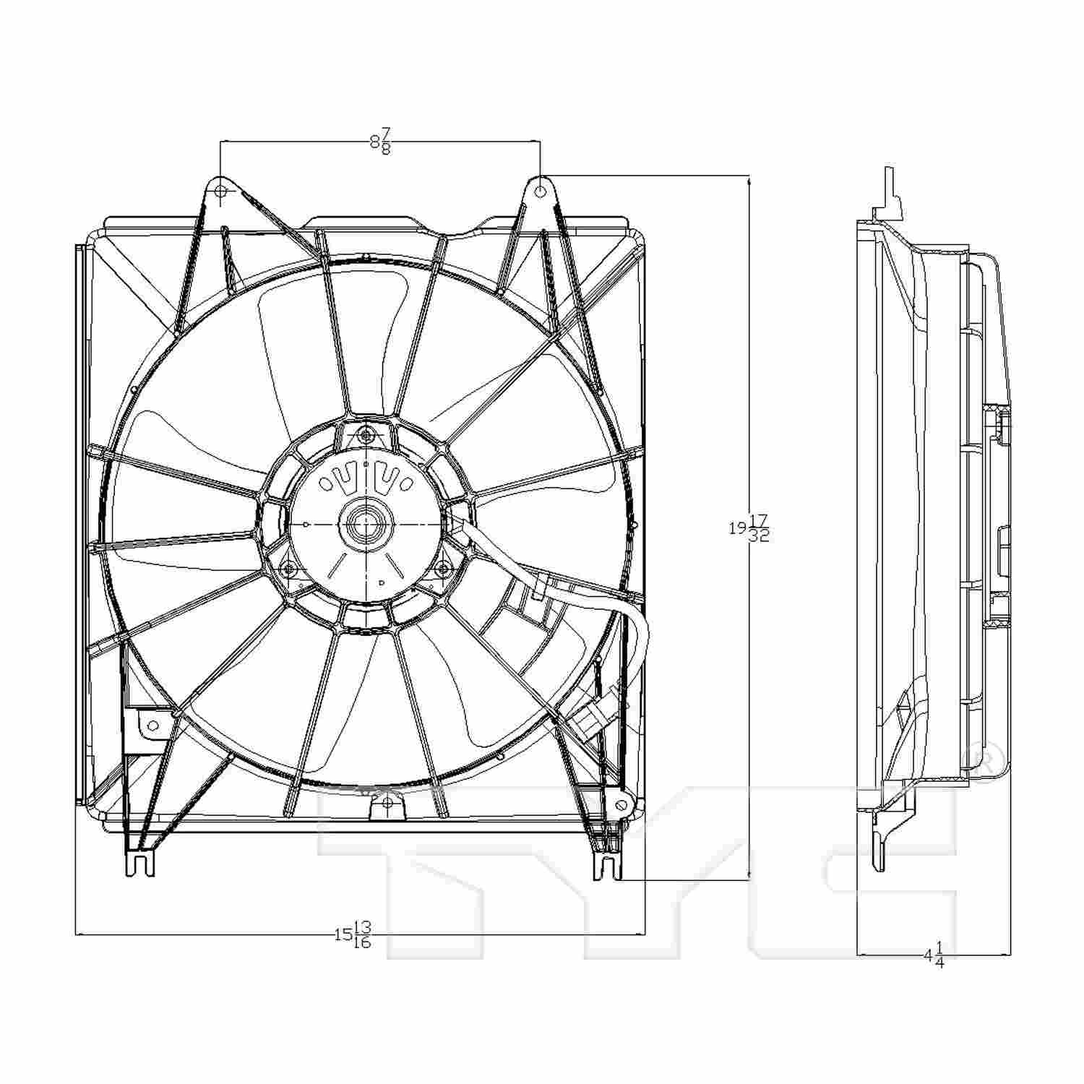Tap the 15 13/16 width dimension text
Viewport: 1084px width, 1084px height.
[353, 934]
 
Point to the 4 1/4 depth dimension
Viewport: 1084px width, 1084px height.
[934, 954]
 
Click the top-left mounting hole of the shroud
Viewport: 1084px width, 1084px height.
[222, 192]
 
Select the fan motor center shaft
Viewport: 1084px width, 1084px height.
[366, 522]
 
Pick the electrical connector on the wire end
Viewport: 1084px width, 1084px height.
[595, 715]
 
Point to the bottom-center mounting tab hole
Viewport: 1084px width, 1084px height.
[387, 802]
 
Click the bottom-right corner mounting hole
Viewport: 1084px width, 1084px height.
[620, 805]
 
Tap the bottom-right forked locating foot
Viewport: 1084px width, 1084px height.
[607, 865]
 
